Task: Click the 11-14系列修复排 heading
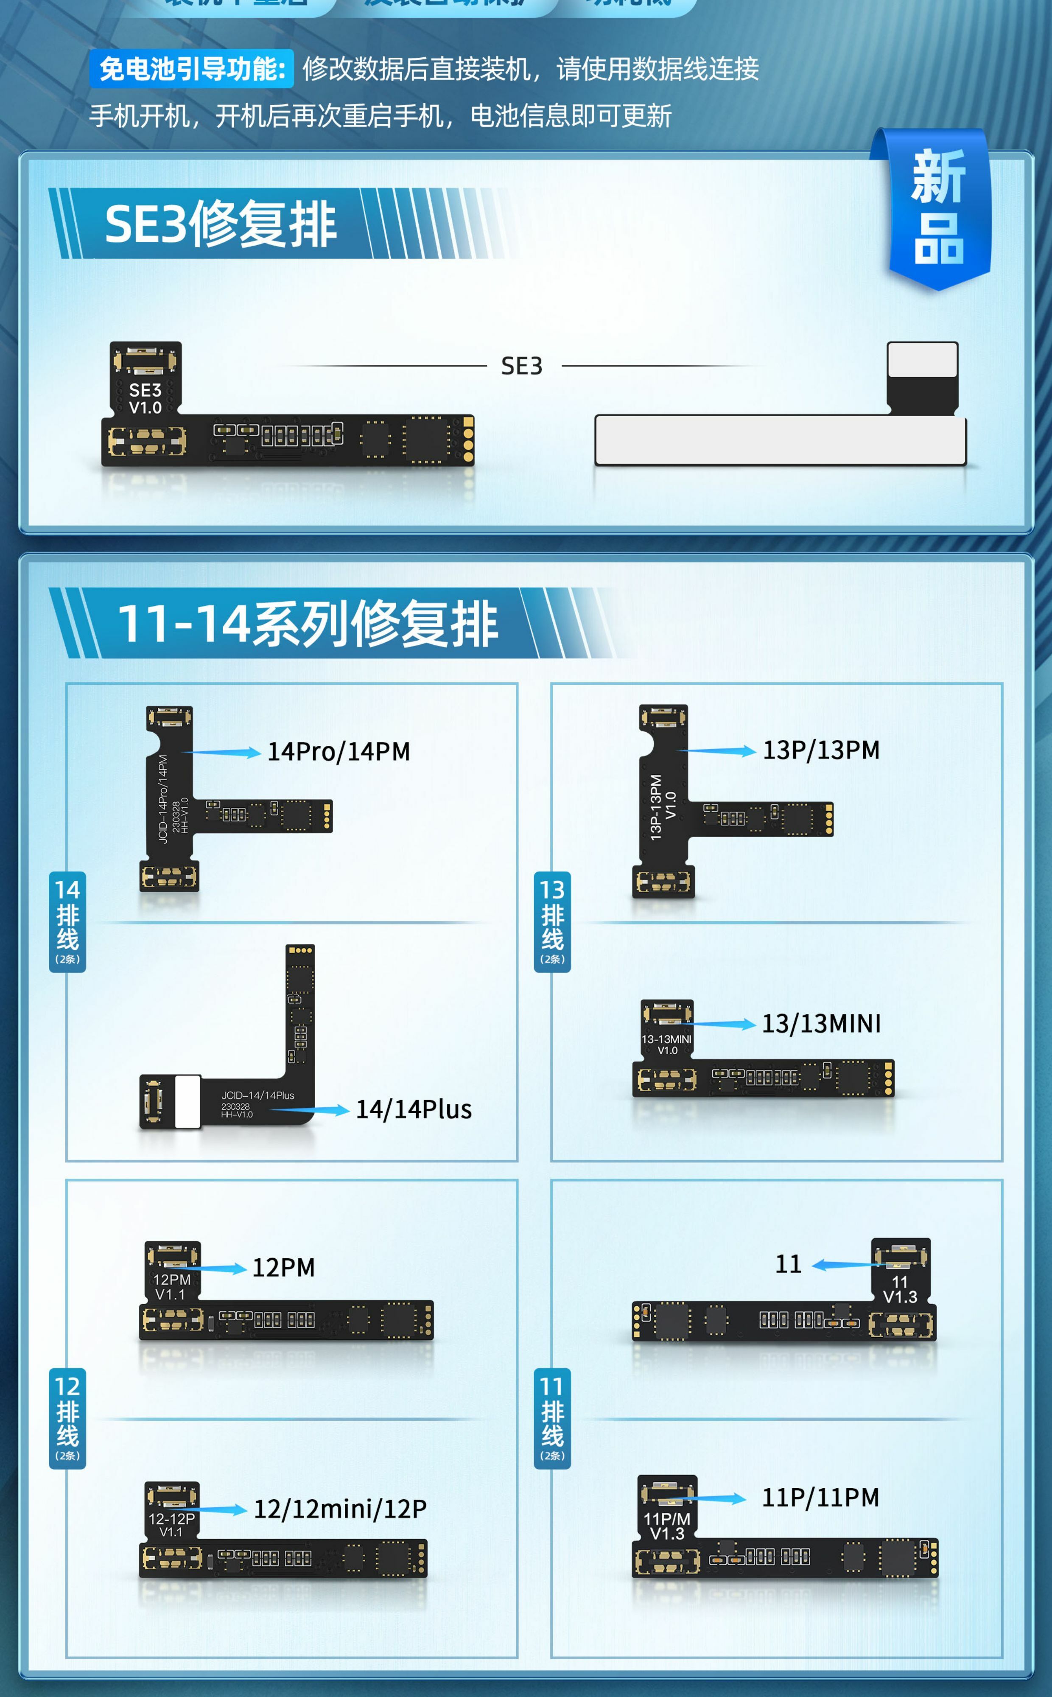pyautogui.click(x=308, y=623)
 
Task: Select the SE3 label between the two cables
pyautogui.click(x=522, y=366)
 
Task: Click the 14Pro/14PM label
pyautogui.click(x=339, y=751)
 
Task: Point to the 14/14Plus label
pyautogui.click(x=414, y=1109)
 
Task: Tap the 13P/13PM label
pyautogui.click(x=821, y=750)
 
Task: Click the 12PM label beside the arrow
pyautogui.click(x=283, y=1268)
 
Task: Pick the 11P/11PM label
pyautogui.click(x=820, y=1497)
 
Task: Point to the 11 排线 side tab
pyautogui.click(x=552, y=1418)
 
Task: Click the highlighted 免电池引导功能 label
pyautogui.click(x=191, y=69)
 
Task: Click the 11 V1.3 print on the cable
pyautogui.click(x=900, y=1289)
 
